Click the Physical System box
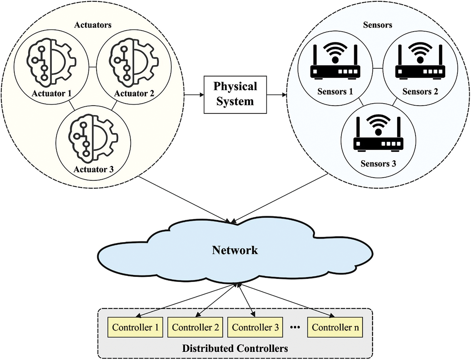235,94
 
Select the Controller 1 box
135,327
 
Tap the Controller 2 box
195,327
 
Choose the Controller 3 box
255,327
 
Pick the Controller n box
335,327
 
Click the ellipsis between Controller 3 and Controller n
295,327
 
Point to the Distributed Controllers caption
235,348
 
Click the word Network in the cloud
235,250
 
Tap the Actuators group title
93,25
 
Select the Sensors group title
377,25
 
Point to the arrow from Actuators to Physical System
194,95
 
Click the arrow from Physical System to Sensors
277,95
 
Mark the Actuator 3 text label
94,169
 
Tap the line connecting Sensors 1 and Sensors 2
377,68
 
